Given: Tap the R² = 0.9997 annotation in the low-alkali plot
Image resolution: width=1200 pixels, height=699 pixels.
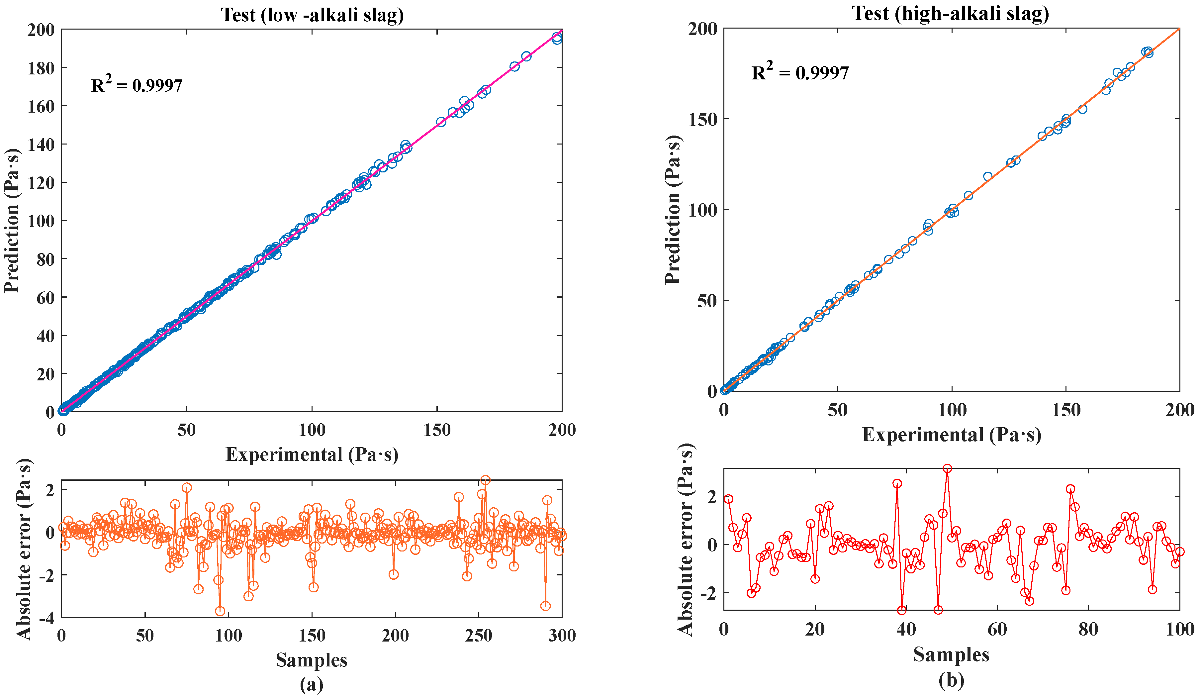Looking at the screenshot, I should click(137, 84).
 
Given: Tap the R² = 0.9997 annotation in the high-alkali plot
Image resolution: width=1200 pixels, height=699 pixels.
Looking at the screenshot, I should click(800, 71).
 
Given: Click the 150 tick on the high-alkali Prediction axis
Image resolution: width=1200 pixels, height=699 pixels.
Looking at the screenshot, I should click(703, 119).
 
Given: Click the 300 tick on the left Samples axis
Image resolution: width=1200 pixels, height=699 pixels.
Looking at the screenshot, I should click(562, 635).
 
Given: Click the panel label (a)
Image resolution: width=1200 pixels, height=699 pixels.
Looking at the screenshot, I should click(312, 684).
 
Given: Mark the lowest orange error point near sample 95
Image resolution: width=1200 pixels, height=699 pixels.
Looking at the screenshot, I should click(220, 611).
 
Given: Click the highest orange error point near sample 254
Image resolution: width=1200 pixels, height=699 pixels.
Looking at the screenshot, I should click(485, 480).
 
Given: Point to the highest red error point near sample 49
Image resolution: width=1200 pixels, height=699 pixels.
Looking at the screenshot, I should click(947, 468).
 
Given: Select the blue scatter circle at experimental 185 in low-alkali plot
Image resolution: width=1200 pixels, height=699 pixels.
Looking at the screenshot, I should click(526, 56).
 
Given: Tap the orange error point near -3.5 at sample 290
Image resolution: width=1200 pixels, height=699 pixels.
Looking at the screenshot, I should click(546, 606).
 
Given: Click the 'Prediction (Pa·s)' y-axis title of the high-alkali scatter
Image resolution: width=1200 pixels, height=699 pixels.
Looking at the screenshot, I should click(673, 210).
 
